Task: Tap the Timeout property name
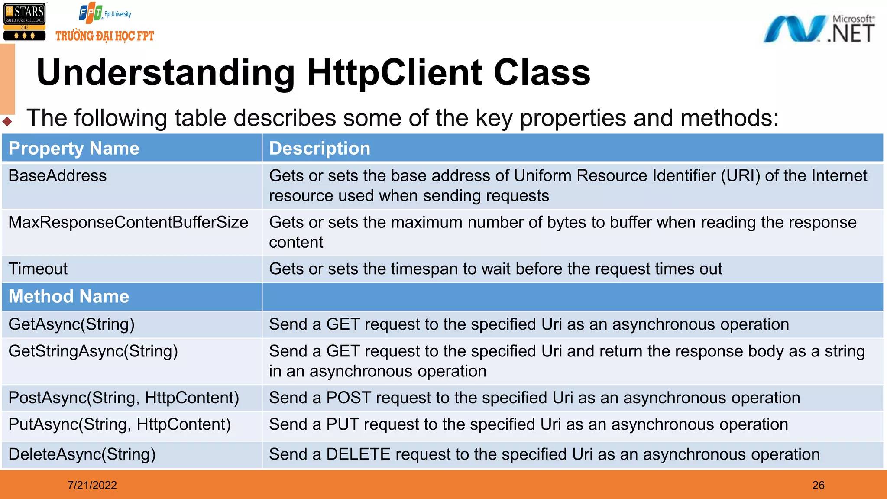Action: (x=38, y=269)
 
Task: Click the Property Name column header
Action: (x=74, y=149)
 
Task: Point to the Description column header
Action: (x=320, y=149)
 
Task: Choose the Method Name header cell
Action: (x=69, y=297)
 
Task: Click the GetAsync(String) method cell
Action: (x=71, y=324)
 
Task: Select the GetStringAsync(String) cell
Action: (x=93, y=351)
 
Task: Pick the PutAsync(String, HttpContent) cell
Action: (x=120, y=424)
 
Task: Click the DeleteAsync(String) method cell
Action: (x=82, y=454)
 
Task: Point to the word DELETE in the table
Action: (x=358, y=454)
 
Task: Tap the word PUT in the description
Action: (x=343, y=424)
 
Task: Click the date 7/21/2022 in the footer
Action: (x=92, y=485)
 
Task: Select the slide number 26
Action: (x=818, y=485)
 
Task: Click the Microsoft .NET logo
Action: (x=819, y=29)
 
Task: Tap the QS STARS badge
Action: (x=24, y=22)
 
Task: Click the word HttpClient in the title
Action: (x=394, y=72)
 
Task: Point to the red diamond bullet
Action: (x=7, y=121)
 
